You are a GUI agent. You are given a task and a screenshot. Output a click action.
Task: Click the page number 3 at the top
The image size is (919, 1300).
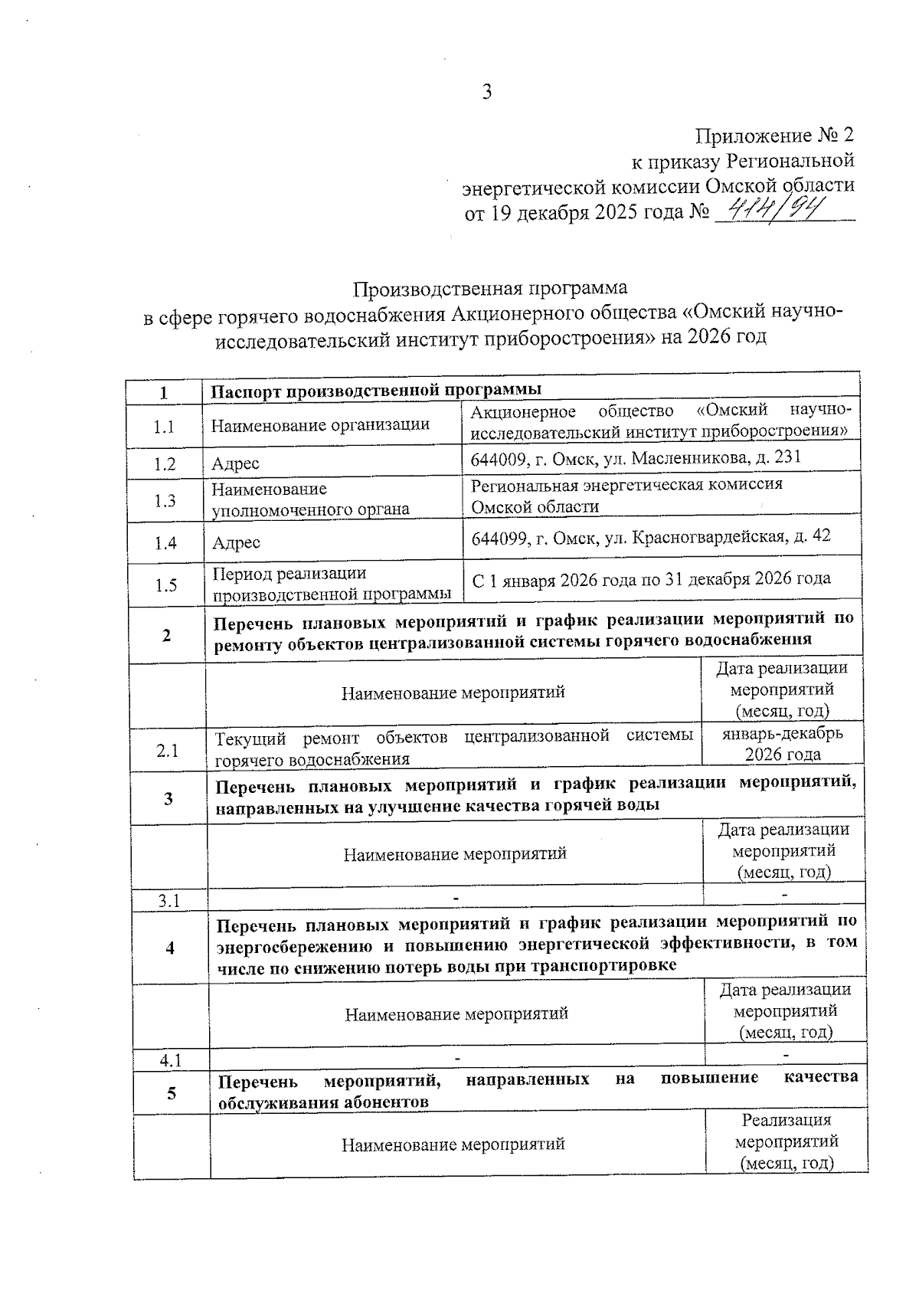coord(486,93)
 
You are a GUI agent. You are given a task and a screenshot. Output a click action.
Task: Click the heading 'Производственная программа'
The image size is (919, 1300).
coord(490,288)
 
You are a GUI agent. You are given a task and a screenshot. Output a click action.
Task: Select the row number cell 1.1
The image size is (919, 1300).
coord(164,427)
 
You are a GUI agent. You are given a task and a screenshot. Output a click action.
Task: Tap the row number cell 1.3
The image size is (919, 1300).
coord(165,501)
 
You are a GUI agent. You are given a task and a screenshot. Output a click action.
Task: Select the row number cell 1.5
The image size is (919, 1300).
coord(166,586)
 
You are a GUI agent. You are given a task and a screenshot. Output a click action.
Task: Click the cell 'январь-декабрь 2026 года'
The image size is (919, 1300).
coord(783,744)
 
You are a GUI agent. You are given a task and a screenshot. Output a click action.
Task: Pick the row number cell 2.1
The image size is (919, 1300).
coord(168,751)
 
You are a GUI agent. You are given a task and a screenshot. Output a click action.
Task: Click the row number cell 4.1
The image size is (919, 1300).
coord(170,1061)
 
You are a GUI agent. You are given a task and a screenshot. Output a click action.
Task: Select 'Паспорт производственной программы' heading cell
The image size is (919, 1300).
coord(376,391)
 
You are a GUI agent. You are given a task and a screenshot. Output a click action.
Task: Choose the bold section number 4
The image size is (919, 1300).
coord(170,948)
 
